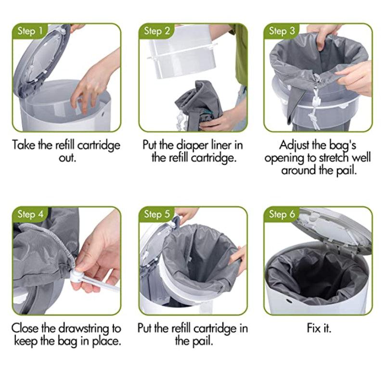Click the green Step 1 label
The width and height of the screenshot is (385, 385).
[30, 32]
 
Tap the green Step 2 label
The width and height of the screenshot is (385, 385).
[157, 32]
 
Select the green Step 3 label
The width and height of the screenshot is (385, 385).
[282, 32]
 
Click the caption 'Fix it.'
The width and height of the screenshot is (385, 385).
[319, 328]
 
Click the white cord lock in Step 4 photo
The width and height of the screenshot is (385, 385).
[77, 277]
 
